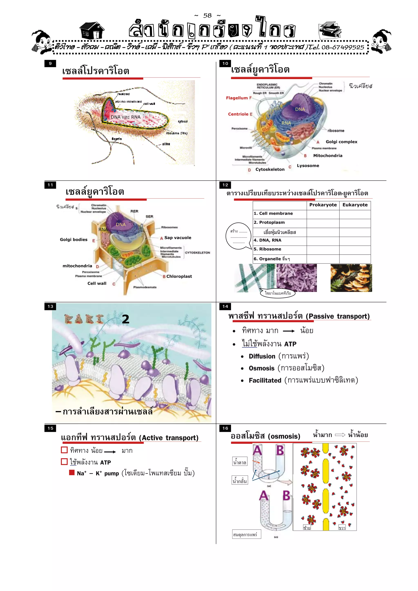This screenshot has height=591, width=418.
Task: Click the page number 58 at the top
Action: (x=207, y=16)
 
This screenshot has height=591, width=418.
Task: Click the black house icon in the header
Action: (x=92, y=30)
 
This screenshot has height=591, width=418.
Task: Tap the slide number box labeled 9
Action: (x=50, y=63)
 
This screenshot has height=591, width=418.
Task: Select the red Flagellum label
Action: (x=237, y=98)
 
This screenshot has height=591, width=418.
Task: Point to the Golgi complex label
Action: (x=341, y=142)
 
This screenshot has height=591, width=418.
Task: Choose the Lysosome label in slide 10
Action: (x=308, y=165)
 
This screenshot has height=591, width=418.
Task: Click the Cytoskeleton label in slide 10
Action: (x=270, y=169)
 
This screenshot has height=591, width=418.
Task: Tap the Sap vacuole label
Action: (x=178, y=238)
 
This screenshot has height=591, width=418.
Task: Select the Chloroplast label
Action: (x=179, y=276)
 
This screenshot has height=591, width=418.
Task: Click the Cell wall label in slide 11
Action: (x=97, y=283)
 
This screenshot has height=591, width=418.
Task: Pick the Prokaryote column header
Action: (x=323, y=205)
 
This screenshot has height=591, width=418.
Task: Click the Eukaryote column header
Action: (x=355, y=205)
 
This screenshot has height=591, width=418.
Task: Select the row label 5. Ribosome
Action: (x=267, y=249)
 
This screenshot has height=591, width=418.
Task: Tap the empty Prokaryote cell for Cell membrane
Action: (x=323, y=214)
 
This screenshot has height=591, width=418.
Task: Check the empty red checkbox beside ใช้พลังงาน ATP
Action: (x=64, y=461)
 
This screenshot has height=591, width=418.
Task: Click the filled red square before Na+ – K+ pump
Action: (x=72, y=472)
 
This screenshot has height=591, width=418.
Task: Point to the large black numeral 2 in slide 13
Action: (x=126, y=319)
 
